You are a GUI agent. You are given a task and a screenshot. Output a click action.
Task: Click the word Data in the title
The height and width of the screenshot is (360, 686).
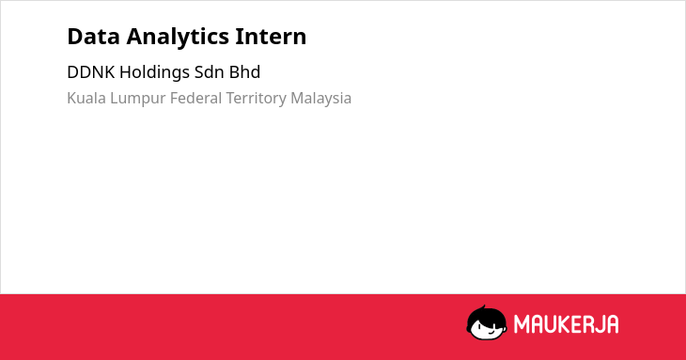coord(93,37)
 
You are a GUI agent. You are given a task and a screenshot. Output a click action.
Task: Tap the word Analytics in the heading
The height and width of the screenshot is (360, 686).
coord(178,38)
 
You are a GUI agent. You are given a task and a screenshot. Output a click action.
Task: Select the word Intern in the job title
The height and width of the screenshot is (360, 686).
coord(271,37)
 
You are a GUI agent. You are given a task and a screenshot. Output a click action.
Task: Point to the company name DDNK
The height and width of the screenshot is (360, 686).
coord(91,72)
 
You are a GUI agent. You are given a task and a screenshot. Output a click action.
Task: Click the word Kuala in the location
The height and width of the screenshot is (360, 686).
coord(86,98)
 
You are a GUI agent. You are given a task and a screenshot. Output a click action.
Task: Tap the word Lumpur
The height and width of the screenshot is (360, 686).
coord(137,99)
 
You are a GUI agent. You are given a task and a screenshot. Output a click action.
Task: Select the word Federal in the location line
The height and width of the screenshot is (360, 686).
coord(195,98)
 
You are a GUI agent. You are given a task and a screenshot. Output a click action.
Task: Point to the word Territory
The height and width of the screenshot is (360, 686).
coord(256,99)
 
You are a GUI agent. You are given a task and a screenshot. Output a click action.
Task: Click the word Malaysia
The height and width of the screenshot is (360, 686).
coord(320,99)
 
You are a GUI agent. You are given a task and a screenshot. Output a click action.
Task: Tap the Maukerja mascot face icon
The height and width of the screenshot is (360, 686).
coord(487,322)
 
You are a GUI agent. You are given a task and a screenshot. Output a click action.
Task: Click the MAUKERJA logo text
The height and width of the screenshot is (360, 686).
coord(566,324)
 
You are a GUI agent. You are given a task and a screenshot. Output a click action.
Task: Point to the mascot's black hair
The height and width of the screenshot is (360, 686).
coord(486,315)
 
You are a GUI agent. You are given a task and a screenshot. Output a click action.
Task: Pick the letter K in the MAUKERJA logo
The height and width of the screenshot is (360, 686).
coord(566,324)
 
